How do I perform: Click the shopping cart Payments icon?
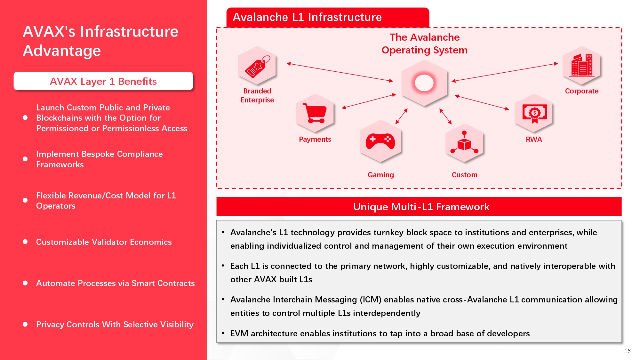click(x=315, y=113)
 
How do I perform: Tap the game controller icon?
click(x=380, y=141)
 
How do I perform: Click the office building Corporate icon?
click(x=582, y=65)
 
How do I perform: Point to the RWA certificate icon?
click(x=534, y=114)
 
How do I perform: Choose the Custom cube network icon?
click(x=464, y=143)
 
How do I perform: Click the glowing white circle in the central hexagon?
click(x=424, y=83)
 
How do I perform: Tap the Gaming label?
click(x=381, y=175)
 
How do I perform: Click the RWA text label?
click(x=534, y=139)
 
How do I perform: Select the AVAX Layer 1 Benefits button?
click(x=103, y=81)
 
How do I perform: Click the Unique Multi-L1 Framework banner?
click(x=419, y=206)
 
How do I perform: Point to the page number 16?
click(x=627, y=351)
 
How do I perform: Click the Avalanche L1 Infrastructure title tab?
click(x=328, y=17)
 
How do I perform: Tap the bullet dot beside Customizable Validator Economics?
click(x=25, y=242)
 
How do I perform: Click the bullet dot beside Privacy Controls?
click(x=25, y=324)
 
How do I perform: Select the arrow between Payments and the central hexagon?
click(x=369, y=101)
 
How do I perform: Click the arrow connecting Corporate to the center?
click(x=505, y=72)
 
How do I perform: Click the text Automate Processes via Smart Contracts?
click(x=115, y=283)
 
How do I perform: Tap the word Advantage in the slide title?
click(x=62, y=51)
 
